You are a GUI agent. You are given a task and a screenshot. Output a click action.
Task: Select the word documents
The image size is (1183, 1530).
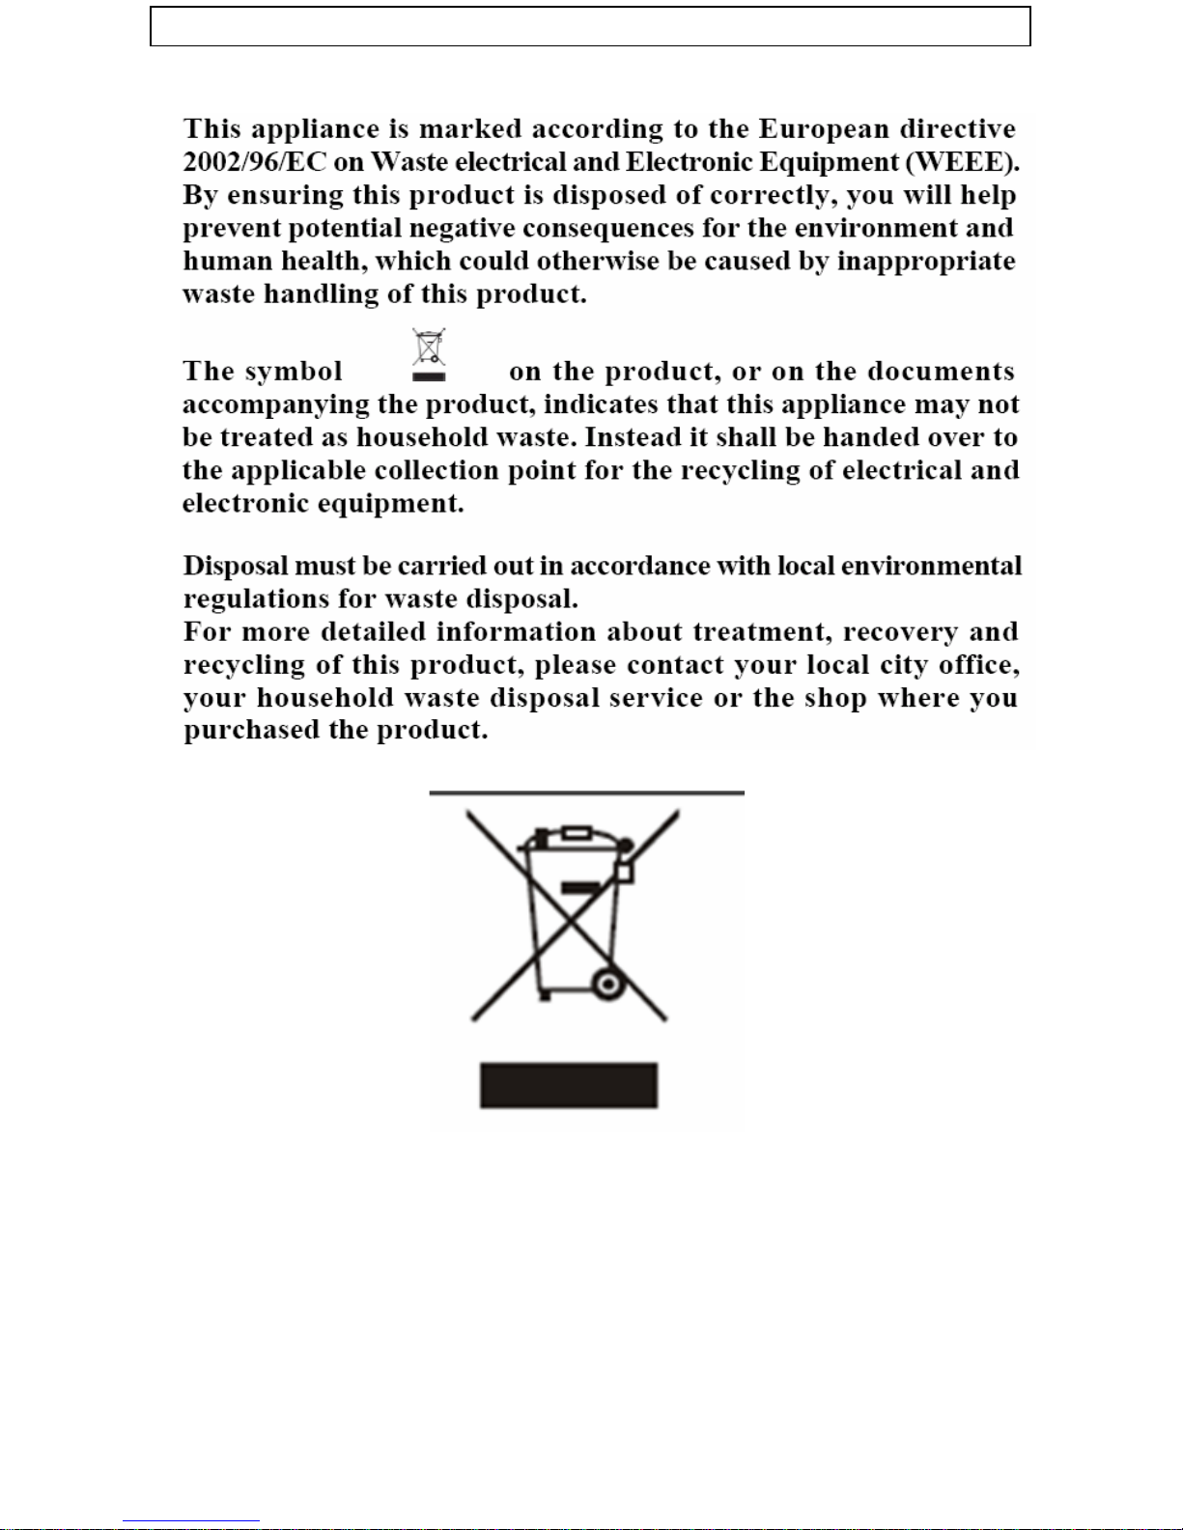(x=941, y=372)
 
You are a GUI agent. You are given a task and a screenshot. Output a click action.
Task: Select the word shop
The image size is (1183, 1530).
(x=836, y=698)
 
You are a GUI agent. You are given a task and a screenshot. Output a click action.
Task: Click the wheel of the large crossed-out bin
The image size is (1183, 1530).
(x=606, y=985)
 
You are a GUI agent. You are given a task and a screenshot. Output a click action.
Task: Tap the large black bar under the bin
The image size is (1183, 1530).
(x=569, y=1086)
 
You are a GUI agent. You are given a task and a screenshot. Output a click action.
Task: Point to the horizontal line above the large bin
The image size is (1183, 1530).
(x=586, y=793)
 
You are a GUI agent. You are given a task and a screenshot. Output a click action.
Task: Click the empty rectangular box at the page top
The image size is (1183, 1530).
(x=590, y=27)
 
